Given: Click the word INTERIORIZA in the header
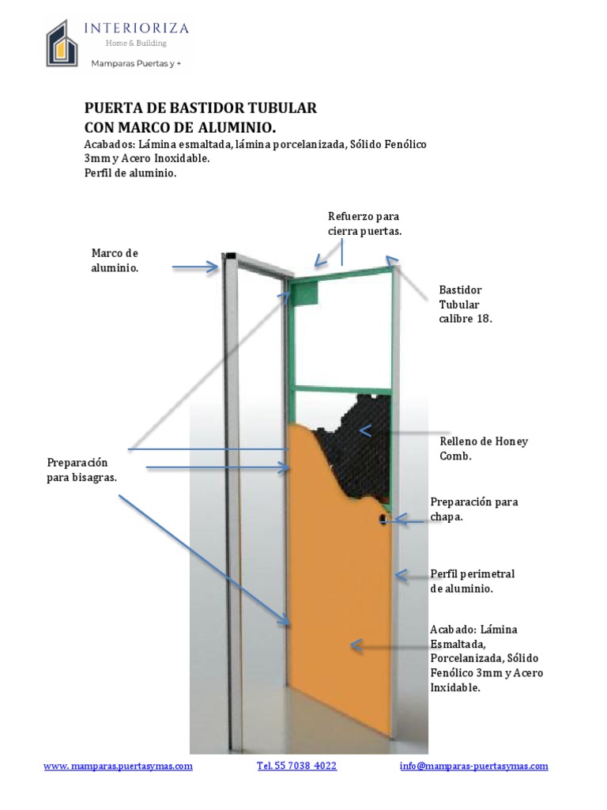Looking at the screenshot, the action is tap(136, 28).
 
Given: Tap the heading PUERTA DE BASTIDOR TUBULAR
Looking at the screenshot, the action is tap(201, 108).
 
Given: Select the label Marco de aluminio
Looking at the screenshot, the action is tap(115, 260).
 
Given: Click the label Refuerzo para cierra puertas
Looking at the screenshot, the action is tap(364, 224).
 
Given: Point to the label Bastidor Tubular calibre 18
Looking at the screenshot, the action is tap(465, 305).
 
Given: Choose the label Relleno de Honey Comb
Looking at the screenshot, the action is tap(484, 449).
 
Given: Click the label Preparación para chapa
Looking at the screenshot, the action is tap(474, 509).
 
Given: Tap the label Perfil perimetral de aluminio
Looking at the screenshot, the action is tap(473, 581).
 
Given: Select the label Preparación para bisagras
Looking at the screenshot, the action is tap(82, 470).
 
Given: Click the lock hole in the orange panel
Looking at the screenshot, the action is tap(383, 518).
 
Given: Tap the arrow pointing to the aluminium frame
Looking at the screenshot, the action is tap(195, 267).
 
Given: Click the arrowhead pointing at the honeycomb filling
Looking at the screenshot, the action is tap(365, 430).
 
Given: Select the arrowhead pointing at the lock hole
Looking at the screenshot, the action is tap(398, 520).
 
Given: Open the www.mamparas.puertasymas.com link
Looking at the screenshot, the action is tap(119, 766).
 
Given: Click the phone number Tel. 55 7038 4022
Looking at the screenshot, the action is tap(297, 766).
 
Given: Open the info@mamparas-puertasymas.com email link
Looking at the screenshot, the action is tap(474, 766).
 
